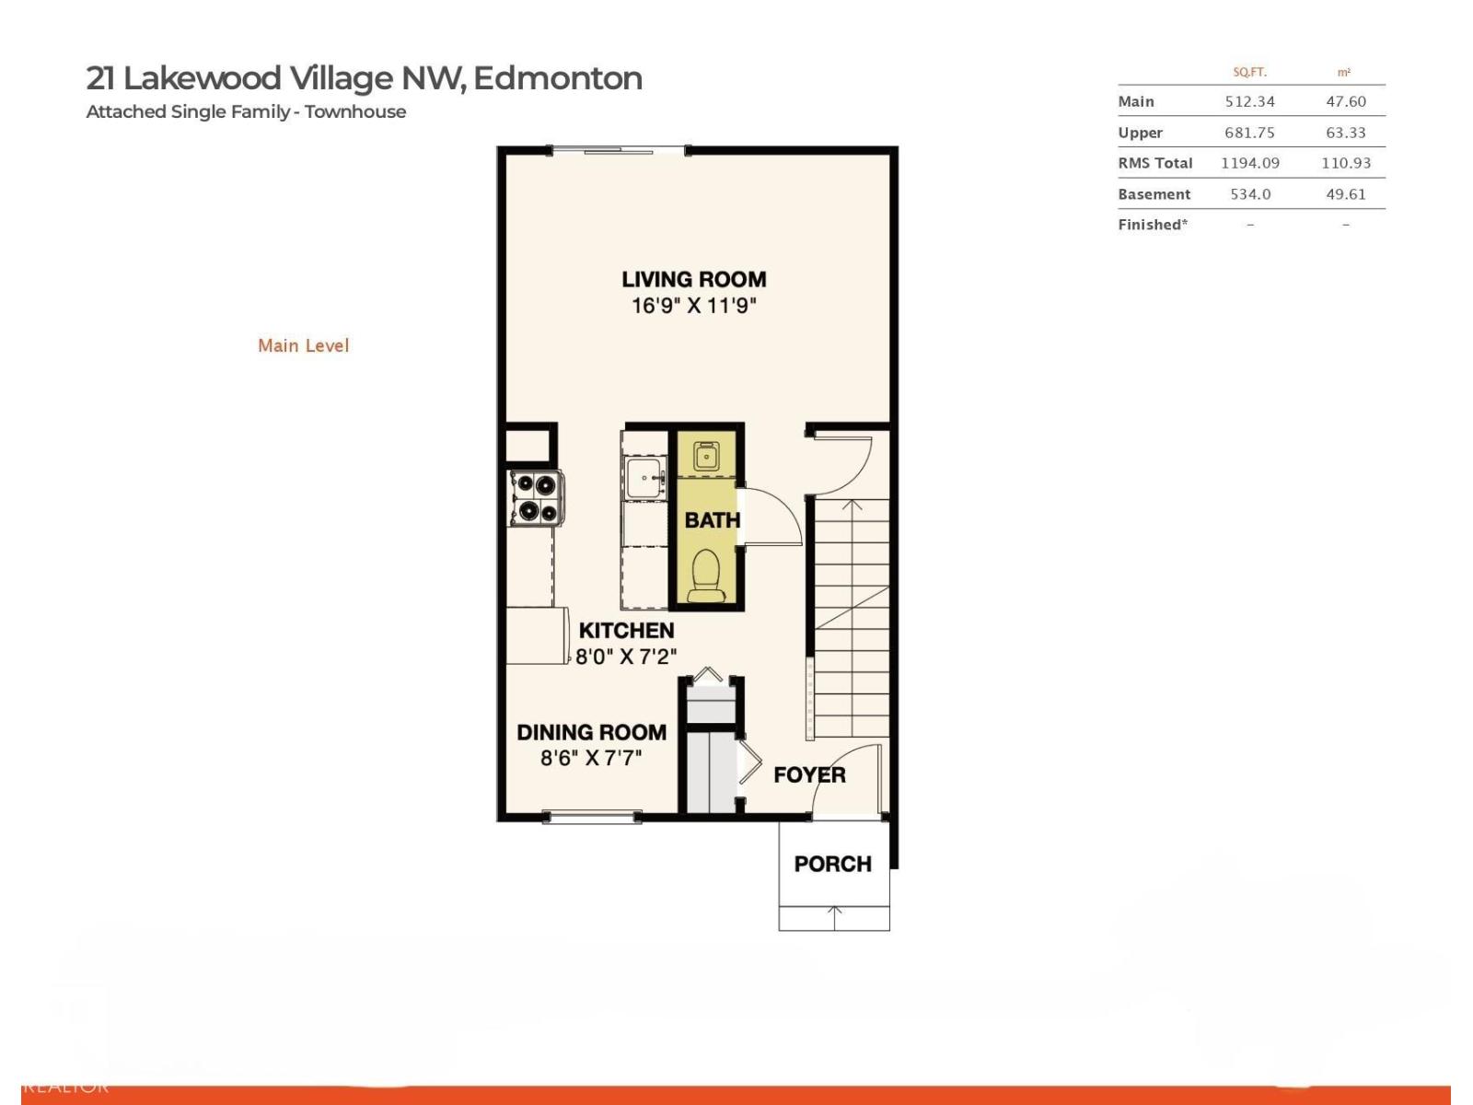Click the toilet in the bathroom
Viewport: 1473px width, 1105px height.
[x=707, y=575]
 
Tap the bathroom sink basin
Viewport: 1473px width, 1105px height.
[x=706, y=456]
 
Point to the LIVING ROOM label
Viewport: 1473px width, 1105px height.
[x=693, y=279]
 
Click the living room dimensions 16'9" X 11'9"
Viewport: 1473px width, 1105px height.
[x=693, y=306]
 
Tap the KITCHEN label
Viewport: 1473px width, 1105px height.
[x=626, y=631]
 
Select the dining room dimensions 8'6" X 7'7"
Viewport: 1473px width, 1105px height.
[x=591, y=758]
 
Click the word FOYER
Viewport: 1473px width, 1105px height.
[x=809, y=775]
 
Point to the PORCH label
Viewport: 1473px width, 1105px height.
[x=832, y=864]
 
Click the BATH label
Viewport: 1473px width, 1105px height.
[x=712, y=520]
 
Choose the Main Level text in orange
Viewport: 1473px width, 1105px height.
[x=303, y=345]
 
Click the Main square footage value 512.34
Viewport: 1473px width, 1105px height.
[x=1249, y=101]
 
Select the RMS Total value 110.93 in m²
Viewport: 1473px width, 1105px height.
[x=1345, y=163]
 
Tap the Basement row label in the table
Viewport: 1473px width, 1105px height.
[x=1154, y=194]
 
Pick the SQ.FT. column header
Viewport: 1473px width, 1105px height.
[x=1249, y=72]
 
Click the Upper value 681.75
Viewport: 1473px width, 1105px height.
[x=1249, y=133]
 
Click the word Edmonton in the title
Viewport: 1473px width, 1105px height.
[x=557, y=78]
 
